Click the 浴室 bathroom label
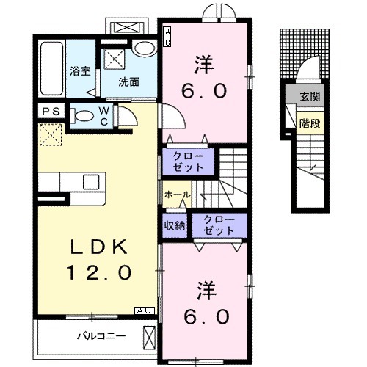coord(79,72)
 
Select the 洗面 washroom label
coord(130,81)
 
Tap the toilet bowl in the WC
coord(83,115)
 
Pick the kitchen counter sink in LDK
coord(92,182)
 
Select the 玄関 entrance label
coord(309,96)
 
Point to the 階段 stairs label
coord(309,123)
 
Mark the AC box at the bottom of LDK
coord(144,311)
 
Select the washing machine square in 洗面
coord(114,59)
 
